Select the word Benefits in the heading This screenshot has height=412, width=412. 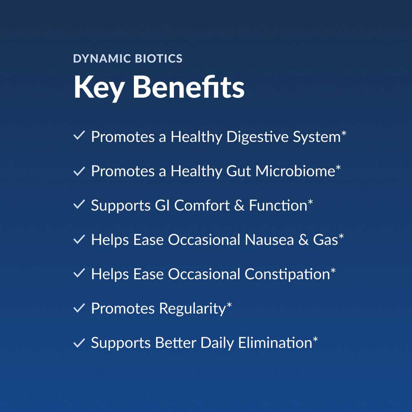189,87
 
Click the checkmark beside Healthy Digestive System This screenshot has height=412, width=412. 79,135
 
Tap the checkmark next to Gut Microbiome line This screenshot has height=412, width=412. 79,171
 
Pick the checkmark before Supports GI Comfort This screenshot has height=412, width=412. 79,204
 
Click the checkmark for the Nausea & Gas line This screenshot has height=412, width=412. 79,239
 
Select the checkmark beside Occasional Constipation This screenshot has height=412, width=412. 79,273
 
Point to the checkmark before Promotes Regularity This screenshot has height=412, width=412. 79,308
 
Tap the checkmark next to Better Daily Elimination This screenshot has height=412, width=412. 79,343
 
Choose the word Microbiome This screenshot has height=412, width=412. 295,171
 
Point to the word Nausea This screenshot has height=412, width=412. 269,240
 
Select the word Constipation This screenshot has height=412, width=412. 287,274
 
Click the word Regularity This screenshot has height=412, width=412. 192,309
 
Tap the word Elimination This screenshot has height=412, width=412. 275,343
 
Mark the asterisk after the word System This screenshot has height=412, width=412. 344,133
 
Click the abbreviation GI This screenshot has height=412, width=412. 162,206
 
